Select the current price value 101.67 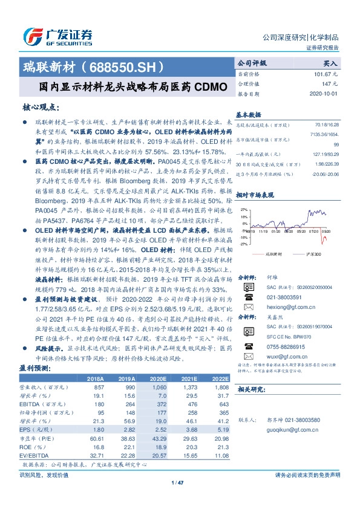325,73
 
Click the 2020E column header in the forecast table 159,378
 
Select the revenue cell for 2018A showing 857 96,386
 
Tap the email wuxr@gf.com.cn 282,357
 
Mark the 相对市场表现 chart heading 257,195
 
